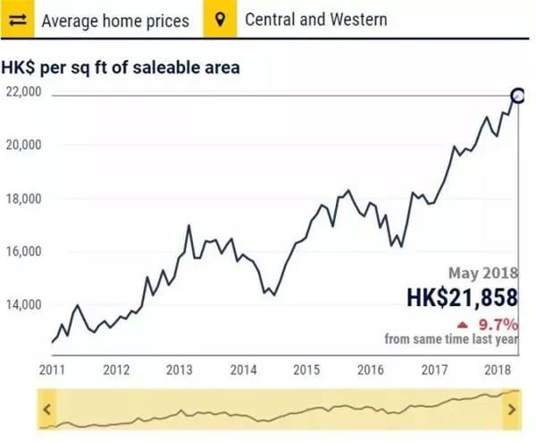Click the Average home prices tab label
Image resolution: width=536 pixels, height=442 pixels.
click(x=115, y=20)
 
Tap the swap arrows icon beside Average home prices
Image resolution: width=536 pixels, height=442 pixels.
click(x=20, y=20)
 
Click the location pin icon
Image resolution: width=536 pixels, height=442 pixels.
click(x=220, y=20)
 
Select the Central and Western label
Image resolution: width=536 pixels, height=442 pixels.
click(x=316, y=20)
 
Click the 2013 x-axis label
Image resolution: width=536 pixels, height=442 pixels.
click(x=180, y=368)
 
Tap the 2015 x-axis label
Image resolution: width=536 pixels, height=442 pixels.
click(x=307, y=368)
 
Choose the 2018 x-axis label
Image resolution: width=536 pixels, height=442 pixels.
click(x=498, y=368)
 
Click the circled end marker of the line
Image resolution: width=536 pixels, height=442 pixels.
click(x=517, y=95)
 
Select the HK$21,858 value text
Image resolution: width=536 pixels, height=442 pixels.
click(x=460, y=295)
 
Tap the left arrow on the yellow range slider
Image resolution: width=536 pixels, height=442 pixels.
click(x=47, y=410)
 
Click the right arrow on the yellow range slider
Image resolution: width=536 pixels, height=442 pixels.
click(x=511, y=410)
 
